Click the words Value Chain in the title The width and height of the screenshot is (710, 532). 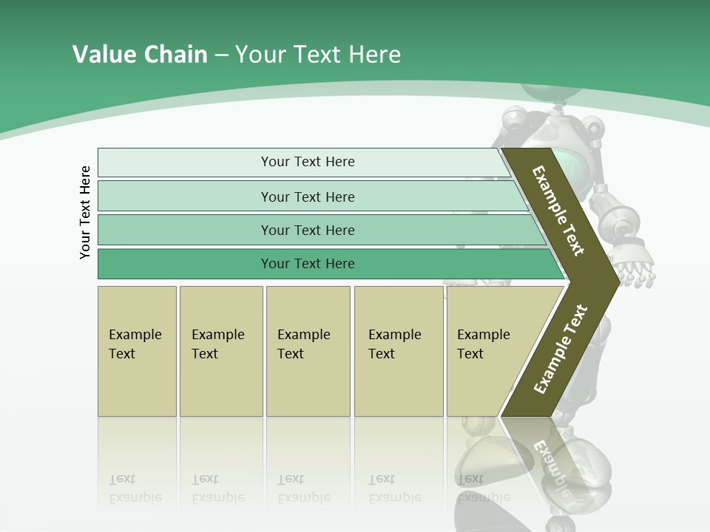point(140,55)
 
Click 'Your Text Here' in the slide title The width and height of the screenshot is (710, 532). point(318,55)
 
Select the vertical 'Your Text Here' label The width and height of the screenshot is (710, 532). point(85,212)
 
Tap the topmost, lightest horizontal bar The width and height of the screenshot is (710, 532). point(307,162)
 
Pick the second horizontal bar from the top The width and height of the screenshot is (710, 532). point(307,197)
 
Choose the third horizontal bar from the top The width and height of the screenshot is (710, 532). point(307,230)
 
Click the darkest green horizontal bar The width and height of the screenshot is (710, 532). point(307,264)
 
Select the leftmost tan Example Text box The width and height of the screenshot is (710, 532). point(137,351)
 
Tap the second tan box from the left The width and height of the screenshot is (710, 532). point(220,351)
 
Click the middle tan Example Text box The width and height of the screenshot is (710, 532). point(308,351)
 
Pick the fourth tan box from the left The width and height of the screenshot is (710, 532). point(399,351)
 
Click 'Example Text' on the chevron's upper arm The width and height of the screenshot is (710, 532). point(558,211)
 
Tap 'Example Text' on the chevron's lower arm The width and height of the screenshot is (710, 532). point(560,349)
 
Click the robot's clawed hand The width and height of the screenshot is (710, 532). point(636,273)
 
